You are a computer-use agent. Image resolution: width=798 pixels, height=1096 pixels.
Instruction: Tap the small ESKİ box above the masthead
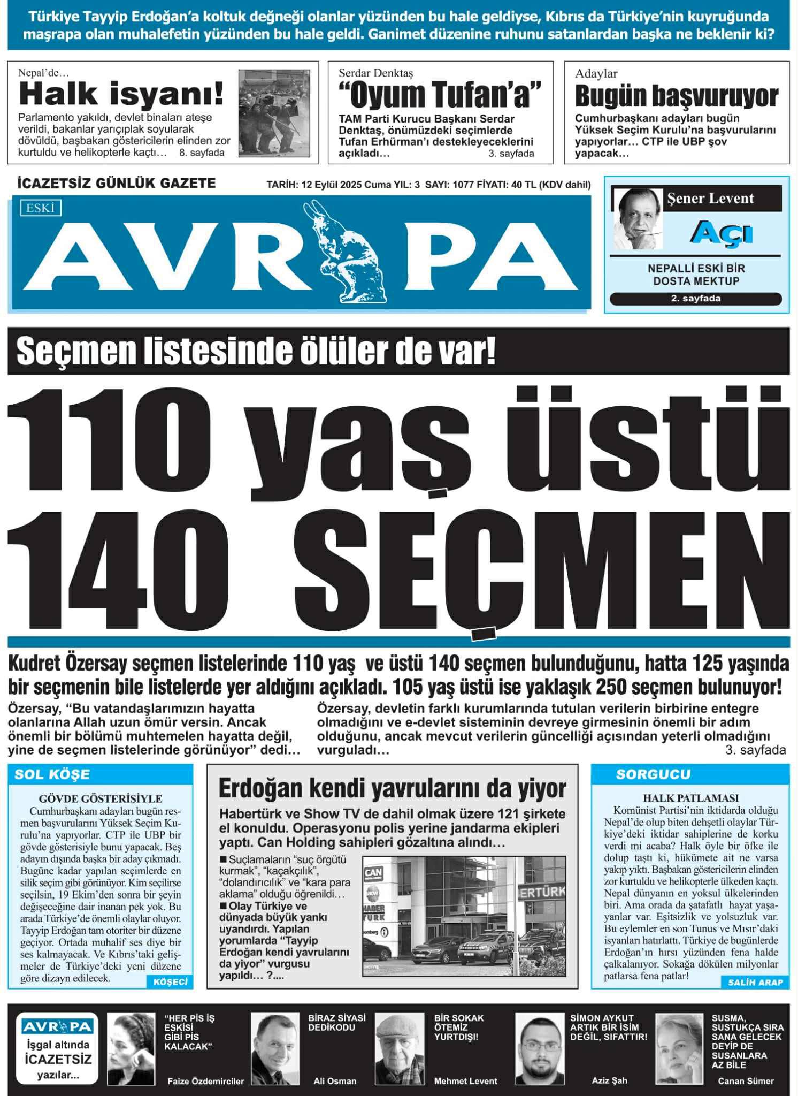tap(41, 208)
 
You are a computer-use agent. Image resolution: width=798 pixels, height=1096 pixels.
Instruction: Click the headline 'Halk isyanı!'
tap(121, 94)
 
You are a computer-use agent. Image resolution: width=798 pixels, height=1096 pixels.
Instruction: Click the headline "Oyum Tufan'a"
tap(440, 94)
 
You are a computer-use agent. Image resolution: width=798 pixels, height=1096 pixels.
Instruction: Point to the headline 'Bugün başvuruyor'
tap(676, 96)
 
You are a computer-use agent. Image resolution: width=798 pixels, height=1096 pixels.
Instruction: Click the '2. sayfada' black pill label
tap(695, 299)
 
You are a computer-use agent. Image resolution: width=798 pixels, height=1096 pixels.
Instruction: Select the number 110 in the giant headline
tap(110, 433)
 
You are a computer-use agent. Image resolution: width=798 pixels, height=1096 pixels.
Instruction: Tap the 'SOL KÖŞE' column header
tap(52, 774)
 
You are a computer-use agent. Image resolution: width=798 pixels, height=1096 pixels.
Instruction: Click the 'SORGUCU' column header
tap(653, 774)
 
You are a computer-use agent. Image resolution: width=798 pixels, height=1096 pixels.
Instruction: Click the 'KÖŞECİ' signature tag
tap(170, 982)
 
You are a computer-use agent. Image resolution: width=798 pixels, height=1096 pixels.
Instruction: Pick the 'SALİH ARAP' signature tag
tap(755, 982)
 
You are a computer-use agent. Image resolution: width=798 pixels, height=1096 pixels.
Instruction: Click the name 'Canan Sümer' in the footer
tap(746, 1081)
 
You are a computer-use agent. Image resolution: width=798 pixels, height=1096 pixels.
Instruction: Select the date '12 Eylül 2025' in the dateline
tap(332, 185)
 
